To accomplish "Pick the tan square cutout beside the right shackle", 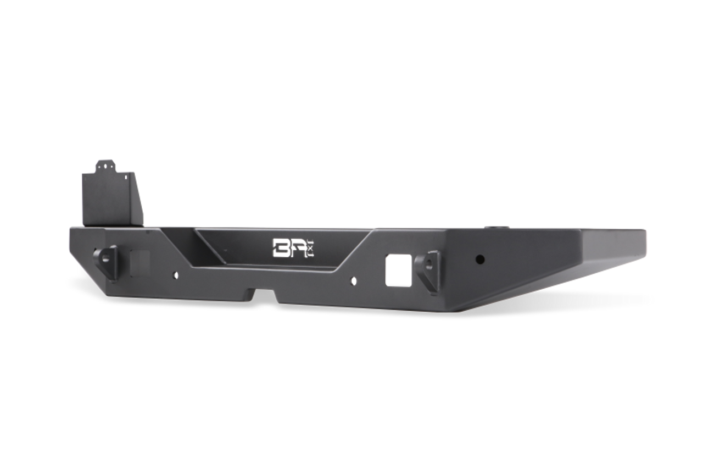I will click(x=398, y=269).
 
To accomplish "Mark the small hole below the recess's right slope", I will click(x=353, y=282).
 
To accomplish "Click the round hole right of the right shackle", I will click(x=479, y=258).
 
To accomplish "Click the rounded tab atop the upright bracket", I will click(x=105, y=165).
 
